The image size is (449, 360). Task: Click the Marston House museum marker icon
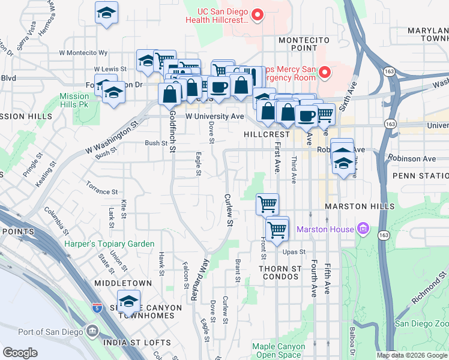point(362,229)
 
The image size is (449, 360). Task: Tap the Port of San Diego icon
point(92,332)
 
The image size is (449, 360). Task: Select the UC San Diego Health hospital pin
point(258,14)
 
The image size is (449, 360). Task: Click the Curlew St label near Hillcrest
point(228,209)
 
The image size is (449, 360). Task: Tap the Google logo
point(20,353)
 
